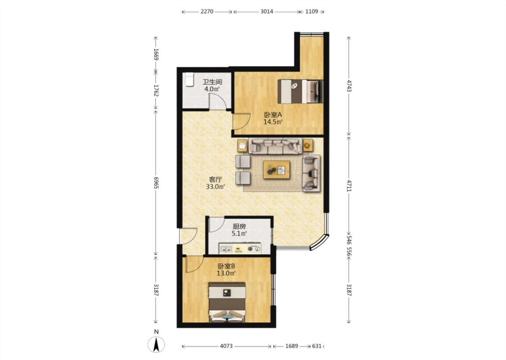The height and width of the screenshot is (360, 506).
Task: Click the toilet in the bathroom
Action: (189, 80)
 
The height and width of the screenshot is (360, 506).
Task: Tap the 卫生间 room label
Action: (212, 82)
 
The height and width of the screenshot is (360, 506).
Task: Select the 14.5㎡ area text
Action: (273, 121)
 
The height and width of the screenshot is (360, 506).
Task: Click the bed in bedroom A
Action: (300, 91)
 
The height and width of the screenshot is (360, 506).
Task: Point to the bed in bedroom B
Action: (227, 302)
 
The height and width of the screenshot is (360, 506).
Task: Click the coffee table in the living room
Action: (276, 170)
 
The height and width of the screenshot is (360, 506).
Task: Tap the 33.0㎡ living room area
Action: (215, 187)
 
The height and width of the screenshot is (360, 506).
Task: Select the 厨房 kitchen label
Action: (239, 227)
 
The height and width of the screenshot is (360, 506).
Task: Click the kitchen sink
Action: (226, 248)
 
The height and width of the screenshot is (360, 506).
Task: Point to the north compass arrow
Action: (156, 344)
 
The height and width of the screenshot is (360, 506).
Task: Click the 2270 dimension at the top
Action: (207, 12)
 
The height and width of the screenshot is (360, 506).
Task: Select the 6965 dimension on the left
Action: (156, 183)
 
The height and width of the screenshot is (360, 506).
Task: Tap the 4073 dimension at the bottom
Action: (226, 346)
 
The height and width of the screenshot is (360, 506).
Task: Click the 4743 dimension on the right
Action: (349, 85)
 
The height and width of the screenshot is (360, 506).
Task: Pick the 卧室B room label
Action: (226, 266)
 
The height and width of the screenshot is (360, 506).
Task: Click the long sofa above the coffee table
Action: (275, 146)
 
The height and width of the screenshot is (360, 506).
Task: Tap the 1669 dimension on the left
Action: (156, 54)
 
